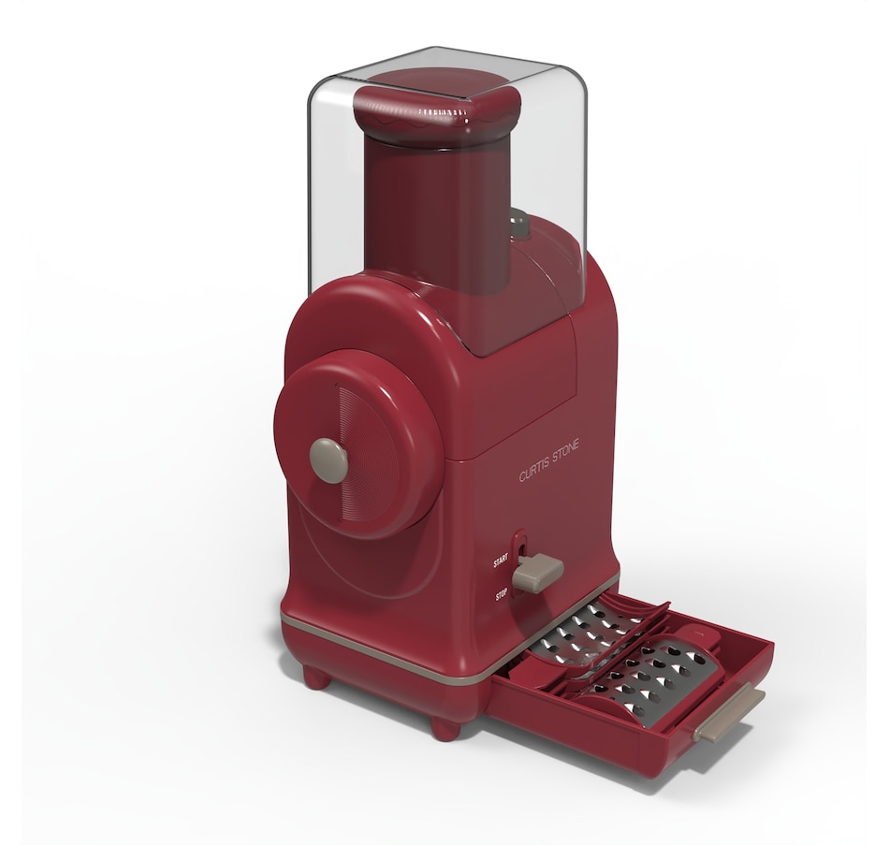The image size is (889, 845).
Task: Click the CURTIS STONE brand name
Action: (x=549, y=460)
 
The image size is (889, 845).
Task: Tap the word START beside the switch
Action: (x=501, y=562)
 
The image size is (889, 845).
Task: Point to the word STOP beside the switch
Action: (x=502, y=593)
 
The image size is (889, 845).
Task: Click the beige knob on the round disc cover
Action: (x=328, y=460)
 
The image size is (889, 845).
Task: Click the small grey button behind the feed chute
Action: (x=518, y=224)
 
